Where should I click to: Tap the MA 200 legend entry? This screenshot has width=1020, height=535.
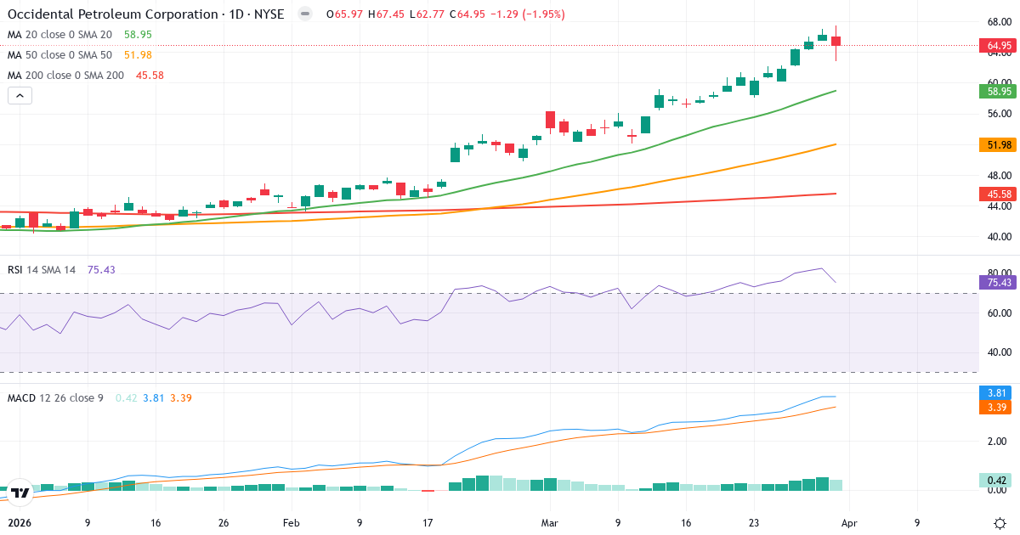point(65,76)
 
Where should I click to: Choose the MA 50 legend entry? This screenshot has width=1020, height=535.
point(59,55)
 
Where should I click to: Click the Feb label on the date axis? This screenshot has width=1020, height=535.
point(292,523)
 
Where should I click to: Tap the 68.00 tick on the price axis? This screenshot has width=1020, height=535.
point(998,22)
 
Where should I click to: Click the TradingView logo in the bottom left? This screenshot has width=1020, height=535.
point(20,492)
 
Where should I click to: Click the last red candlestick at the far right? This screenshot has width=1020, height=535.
point(836,42)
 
